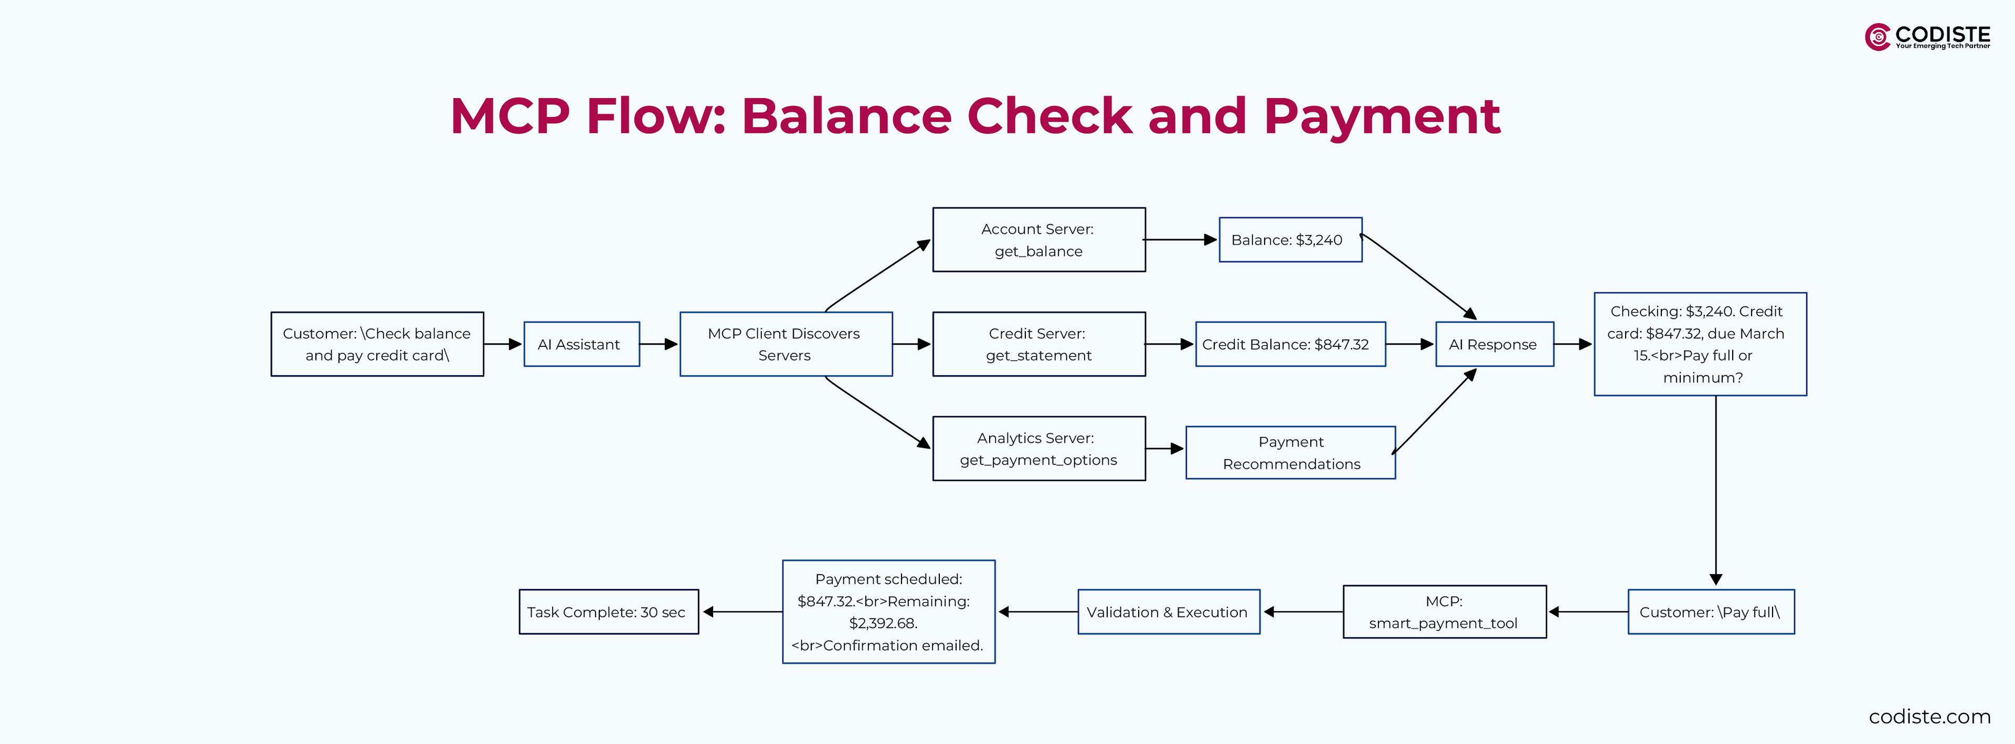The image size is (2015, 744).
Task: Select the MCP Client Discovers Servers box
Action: pyautogui.click(x=786, y=344)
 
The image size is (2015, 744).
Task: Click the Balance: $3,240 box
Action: pyautogui.click(x=1290, y=239)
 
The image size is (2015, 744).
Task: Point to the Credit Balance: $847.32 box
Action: pyautogui.click(x=1290, y=344)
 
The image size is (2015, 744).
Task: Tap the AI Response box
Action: pyautogui.click(x=1494, y=344)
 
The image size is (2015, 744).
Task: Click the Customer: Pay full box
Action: pyautogui.click(x=1710, y=612)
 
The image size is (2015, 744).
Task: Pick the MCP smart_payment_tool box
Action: pyautogui.click(x=1444, y=612)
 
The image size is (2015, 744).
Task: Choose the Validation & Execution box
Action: pyautogui.click(x=1168, y=612)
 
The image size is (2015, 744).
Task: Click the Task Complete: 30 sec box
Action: pyautogui.click(x=608, y=612)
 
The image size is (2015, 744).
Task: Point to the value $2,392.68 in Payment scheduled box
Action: pyautogui.click(x=883, y=623)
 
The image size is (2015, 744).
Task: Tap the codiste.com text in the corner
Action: pyautogui.click(x=1929, y=717)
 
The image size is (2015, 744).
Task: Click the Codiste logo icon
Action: pyautogui.click(x=1878, y=37)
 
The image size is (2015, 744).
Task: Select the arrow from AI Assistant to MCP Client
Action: pyautogui.click(x=659, y=344)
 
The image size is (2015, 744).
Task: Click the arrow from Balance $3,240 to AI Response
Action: pyautogui.click(x=1417, y=275)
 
